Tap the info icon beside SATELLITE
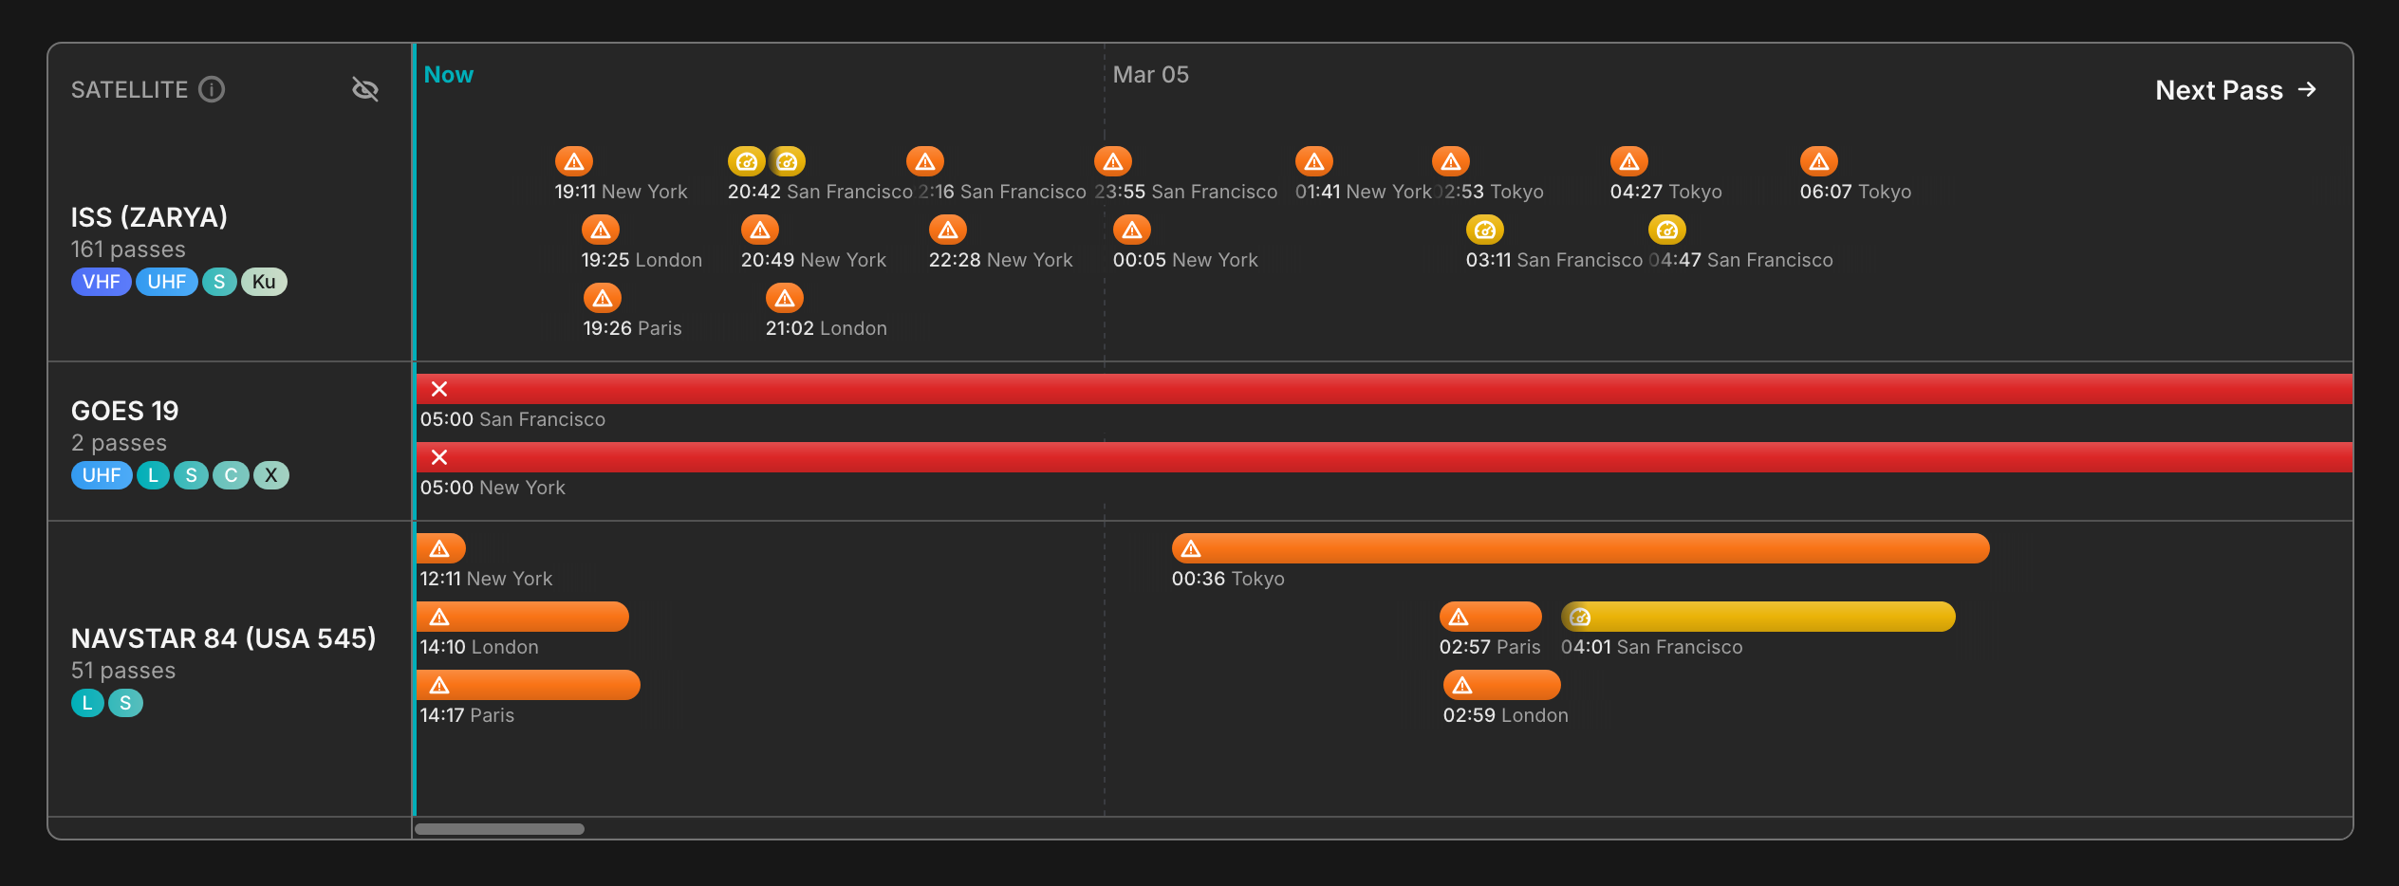point(212,89)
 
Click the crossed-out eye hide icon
point(365,89)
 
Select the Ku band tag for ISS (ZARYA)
point(264,282)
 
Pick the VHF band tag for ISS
point(101,282)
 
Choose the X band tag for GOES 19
point(271,475)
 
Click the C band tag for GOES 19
point(231,475)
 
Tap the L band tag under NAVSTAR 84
point(87,703)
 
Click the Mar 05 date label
point(1150,75)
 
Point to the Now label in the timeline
point(448,75)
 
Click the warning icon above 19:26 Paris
point(603,299)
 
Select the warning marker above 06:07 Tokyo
point(1818,162)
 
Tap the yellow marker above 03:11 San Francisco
point(1484,231)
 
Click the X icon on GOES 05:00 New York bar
point(439,457)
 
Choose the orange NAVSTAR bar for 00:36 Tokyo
point(1580,548)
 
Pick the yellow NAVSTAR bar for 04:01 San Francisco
point(1757,617)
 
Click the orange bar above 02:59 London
point(1501,685)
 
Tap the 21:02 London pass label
point(826,328)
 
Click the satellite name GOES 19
point(124,411)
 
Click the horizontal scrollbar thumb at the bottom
point(499,829)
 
